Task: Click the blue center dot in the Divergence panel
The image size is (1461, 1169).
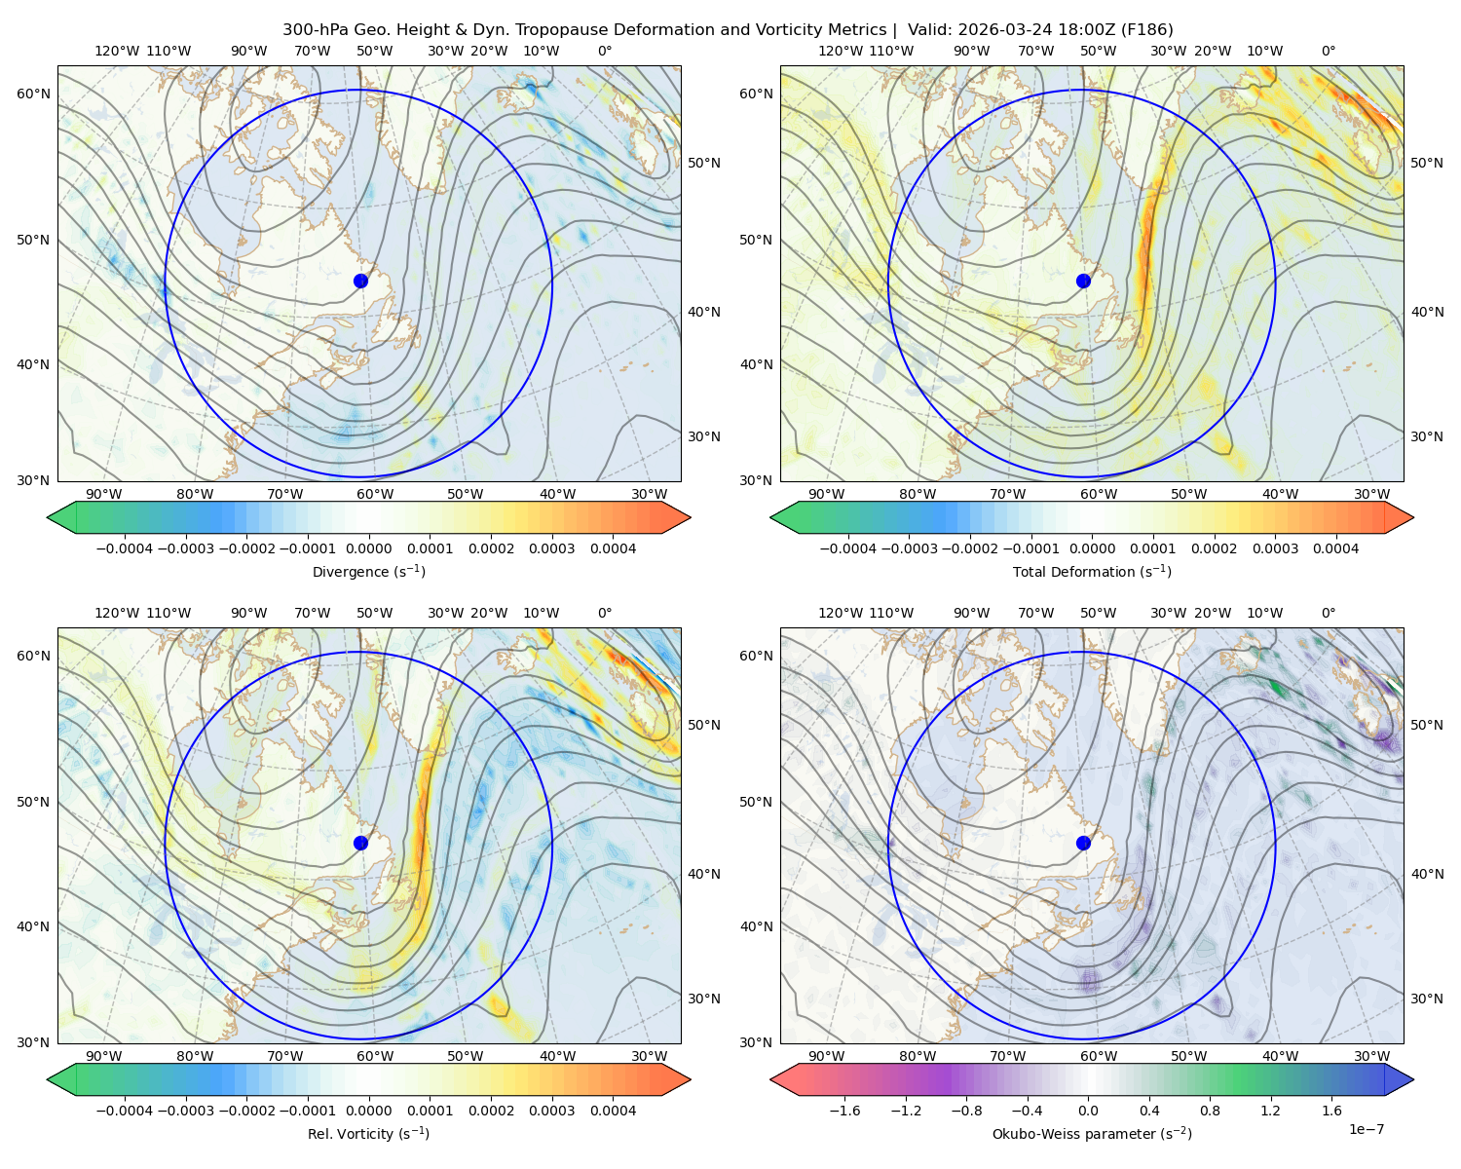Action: [360, 281]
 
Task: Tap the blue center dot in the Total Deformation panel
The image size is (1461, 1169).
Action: [1083, 281]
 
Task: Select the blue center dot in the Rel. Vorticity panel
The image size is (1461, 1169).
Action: [360, 843]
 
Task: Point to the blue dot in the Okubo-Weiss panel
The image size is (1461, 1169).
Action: [1083, 843]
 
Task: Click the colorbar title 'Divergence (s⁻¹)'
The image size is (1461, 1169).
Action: [368, 571]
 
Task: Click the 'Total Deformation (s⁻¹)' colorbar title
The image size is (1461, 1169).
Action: [1092, 571]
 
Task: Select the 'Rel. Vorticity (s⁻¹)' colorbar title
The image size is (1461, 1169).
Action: [368, 1133]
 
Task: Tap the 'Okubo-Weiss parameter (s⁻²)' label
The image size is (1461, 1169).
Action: [1092, 1133]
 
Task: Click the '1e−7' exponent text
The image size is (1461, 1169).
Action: [1366, 1129]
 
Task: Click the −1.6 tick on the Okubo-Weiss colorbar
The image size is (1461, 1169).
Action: [844, 1111]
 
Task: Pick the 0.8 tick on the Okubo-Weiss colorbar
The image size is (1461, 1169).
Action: [1210, 1111]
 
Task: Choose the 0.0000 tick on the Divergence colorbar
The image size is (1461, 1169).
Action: [368, 548]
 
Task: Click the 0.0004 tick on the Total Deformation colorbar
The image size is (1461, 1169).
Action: [1335, 548]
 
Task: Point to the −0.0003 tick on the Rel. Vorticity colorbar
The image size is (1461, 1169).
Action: [185, 1111]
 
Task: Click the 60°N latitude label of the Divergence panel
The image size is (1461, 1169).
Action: [33, 94]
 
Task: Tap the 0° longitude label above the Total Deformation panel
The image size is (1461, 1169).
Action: [1328, 51]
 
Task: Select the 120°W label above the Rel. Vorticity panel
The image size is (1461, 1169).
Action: [117, 613]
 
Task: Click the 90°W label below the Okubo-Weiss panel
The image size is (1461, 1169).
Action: [826, 1056]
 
